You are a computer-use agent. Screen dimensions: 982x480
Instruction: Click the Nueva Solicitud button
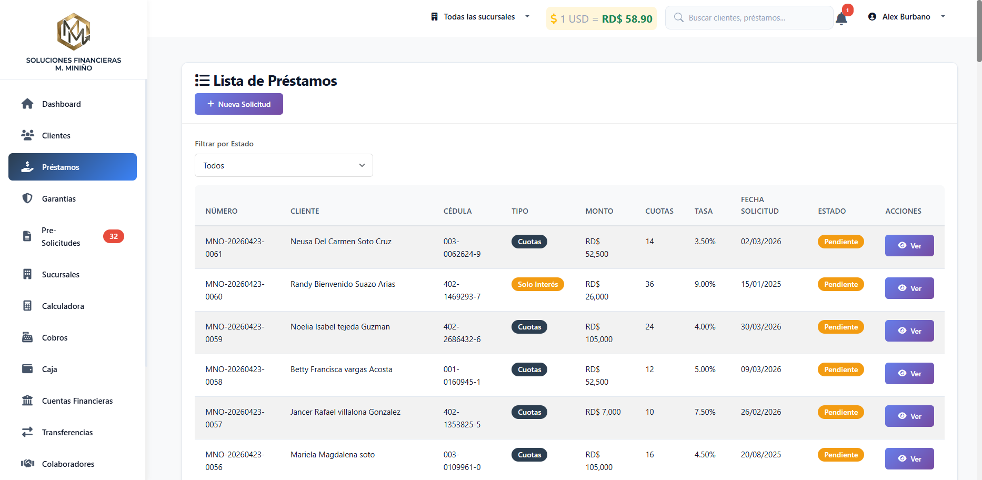click(239, 104)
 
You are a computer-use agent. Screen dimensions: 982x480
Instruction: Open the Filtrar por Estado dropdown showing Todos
click(284, 165)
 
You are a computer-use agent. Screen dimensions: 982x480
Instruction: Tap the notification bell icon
click(841, 18)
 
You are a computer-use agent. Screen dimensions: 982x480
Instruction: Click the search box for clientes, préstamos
click(749, 18)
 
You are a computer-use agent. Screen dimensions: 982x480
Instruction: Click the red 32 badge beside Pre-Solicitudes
click(114, 236)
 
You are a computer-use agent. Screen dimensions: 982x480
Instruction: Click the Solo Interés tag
click(538, 284)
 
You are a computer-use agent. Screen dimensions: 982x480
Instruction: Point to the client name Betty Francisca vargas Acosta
click(342, 369)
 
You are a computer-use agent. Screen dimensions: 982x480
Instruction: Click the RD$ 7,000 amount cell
click(603, 412)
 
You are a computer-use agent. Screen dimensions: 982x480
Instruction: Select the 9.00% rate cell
click(705, 284)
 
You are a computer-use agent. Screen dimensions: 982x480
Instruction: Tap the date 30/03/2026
click(761, 327)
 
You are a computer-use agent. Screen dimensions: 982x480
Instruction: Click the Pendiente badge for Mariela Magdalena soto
click(841, 455)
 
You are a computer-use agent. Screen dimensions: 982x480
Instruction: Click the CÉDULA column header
click(457, 211)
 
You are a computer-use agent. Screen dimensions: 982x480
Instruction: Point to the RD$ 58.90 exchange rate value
click(627, 19)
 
